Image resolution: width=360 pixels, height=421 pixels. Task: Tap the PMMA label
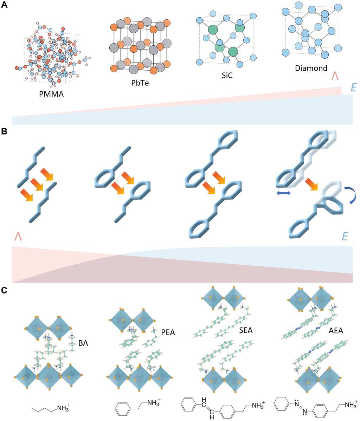51,94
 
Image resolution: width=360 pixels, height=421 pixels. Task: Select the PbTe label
140,83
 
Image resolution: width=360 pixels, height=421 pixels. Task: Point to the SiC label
227,75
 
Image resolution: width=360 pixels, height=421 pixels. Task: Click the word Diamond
311,68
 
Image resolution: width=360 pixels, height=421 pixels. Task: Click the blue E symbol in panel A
354,88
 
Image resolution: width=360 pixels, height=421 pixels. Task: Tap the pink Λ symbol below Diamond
335,76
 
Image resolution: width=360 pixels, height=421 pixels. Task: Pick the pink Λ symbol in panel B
18,237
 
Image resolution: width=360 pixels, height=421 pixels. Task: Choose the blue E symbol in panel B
345,236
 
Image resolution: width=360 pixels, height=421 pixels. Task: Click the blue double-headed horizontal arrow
284,193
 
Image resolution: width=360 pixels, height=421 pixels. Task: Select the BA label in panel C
83,343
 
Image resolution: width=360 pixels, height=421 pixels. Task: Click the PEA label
168,332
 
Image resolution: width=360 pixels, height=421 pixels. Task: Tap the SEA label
246,330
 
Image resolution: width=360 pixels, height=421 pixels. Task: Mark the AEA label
336,330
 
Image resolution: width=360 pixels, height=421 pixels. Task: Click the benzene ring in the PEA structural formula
123,408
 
